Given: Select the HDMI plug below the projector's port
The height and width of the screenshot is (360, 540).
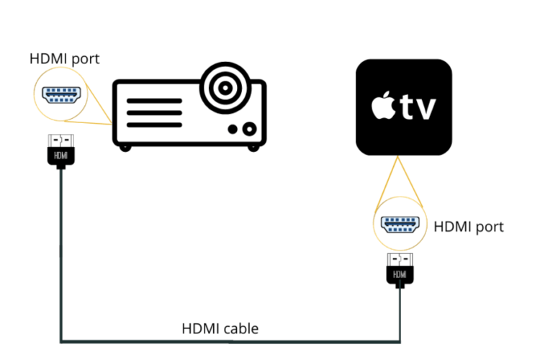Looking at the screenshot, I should (x=60, y=151).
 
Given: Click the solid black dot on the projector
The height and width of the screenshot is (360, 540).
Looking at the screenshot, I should (x=233, y=130).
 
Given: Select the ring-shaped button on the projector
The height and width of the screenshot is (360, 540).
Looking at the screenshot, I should (x=249, y=130).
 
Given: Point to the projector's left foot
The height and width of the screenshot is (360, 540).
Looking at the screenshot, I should (x=127, y=147).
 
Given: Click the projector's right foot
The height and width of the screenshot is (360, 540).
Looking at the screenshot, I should (x=253, y=147).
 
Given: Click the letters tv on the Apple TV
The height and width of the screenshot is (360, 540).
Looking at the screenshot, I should (x=419, y=108).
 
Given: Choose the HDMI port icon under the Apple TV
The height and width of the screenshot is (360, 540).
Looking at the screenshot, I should (x=399, y=224).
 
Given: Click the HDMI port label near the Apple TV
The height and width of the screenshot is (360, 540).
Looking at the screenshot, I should (x=469, y=227).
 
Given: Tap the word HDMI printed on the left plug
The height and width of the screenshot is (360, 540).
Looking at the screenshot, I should (x=60, y=155).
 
